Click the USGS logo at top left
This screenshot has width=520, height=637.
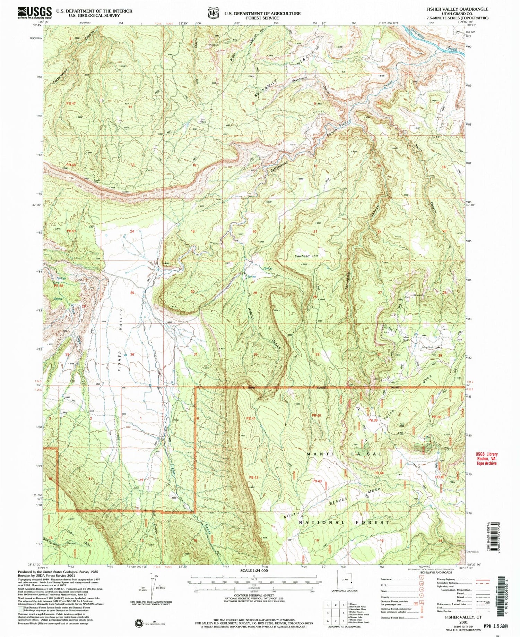click(34, 13)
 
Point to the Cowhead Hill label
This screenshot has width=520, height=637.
click(306, 256)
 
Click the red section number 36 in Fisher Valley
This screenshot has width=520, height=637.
click(132, 354)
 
